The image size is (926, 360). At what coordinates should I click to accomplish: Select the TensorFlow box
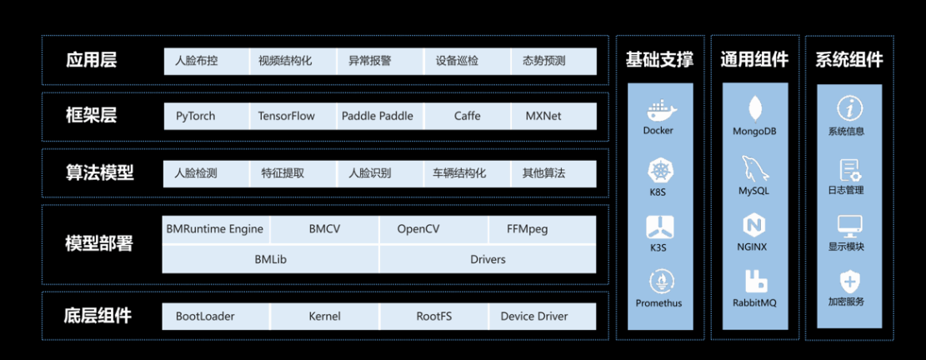[286, 117]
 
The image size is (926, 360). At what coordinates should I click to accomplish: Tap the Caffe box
[467, 117]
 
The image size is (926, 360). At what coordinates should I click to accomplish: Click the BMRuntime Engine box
[216, 229]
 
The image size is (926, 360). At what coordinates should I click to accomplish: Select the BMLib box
[270, 259]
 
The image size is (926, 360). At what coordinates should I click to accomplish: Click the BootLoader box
[205, 317]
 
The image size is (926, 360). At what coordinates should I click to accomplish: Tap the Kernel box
[324, 317]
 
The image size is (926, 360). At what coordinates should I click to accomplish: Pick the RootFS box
[433, 317]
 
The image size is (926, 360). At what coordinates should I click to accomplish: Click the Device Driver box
[534, 317]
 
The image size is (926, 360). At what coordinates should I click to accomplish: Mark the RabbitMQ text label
[754, 302]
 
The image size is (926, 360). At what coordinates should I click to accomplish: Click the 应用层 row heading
[92, 61]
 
